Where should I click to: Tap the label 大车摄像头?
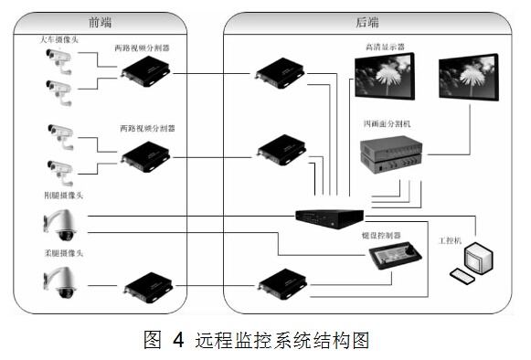pos(58,39)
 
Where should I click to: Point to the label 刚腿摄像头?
pos(61,195)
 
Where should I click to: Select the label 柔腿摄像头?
pos(61,253)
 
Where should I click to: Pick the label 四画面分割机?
pos(384,122)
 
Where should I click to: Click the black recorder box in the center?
pos(330,217)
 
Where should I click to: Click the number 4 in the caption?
pos(177,341)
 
